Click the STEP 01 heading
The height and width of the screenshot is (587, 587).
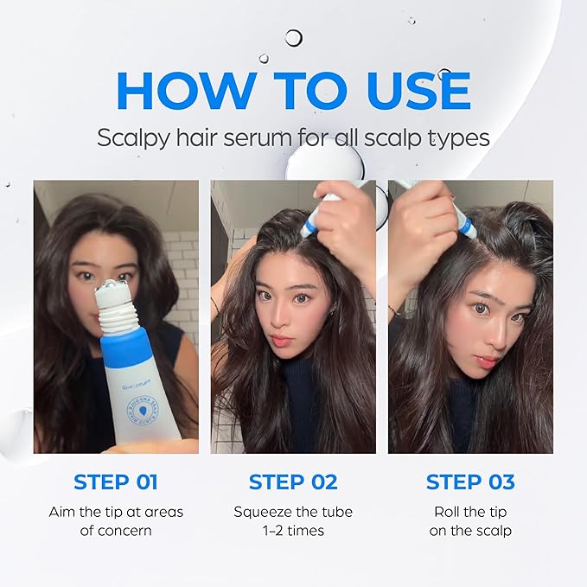[116, 482]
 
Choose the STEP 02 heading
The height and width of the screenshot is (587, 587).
[292, 482]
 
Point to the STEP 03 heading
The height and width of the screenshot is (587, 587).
[470, 482]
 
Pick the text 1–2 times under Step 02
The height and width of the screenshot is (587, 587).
[292, 530]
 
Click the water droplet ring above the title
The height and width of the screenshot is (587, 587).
[294, 37]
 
